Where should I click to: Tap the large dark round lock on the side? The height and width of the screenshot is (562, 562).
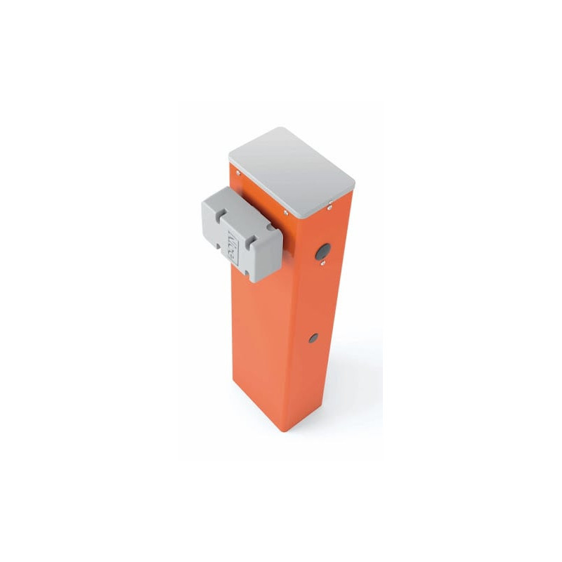pyautogui.click(x=322, y=251)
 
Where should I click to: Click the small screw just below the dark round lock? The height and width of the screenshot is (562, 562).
pyautogui.click(x=322, y=265)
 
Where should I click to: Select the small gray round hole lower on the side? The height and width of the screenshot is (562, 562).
pyautogui.click(x=313, y=338)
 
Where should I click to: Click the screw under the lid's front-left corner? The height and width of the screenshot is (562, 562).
pyautogui.click(x=238, y=171)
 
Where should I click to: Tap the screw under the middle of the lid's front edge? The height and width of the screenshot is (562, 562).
pyautogui.click(x=285, y=211)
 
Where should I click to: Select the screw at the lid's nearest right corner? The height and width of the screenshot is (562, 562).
pyautogui.click(x=329, y=207)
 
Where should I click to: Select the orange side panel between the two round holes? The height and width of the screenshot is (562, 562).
pyautogui.click(x=318, y=295)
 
